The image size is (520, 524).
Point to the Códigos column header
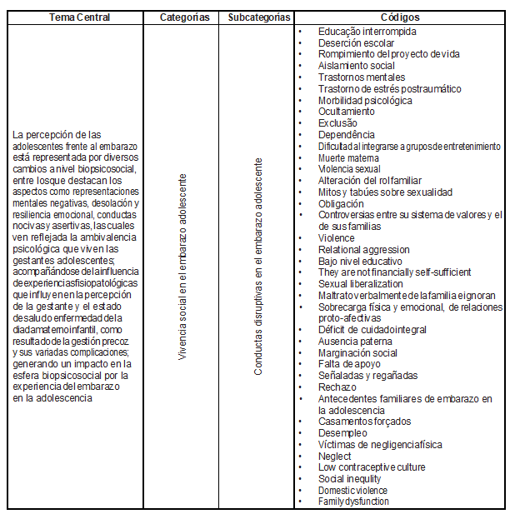click(400, 17)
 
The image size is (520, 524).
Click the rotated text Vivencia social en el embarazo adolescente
click(183, 267)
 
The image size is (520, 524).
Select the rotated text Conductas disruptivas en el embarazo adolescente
click(257, 266)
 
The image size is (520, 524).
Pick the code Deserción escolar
click(356, 43)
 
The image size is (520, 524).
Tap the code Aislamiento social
click(356, 66)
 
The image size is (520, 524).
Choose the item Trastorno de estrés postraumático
click(389, 89)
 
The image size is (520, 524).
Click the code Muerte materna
click(348, 157)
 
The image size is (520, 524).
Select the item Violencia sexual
click(350, 169)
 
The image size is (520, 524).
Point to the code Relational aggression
click(363, 249)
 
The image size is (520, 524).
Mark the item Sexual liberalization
click(361, 284)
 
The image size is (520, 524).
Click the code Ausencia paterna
click(354, 341)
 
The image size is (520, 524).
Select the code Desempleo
click(342, 433)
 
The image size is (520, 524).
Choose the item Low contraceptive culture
click(371, 467)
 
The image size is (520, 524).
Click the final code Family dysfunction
click(353, 502)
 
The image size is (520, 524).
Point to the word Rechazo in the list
click(337, 387)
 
